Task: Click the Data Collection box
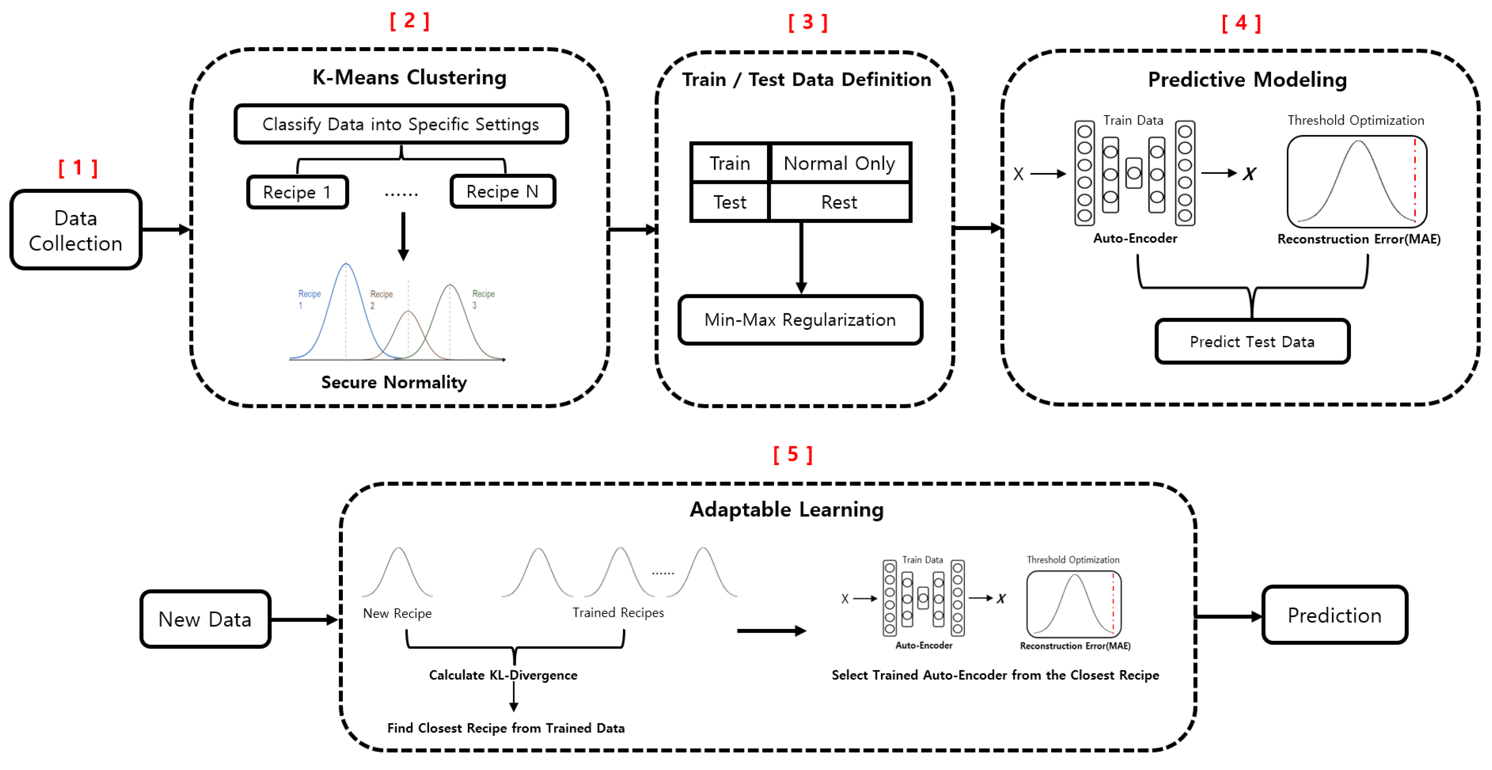click(76, 230)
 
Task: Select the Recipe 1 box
click(297, 192)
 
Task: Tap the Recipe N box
click(502, 191)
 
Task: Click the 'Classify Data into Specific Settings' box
click(401, 124)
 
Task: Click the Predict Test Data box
click(1252, 342)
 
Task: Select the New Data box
click(205, 619)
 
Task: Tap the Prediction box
click(1334, 615)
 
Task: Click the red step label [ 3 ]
click(808, 22)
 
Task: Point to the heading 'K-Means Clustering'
click(409, 77)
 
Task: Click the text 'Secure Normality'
click(394, 383)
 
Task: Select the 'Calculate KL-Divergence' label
click(503, 675)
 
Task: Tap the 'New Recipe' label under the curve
click(397, 613)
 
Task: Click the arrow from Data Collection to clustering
click(165, 230)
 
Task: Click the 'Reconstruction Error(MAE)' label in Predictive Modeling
click(1358, 239)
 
